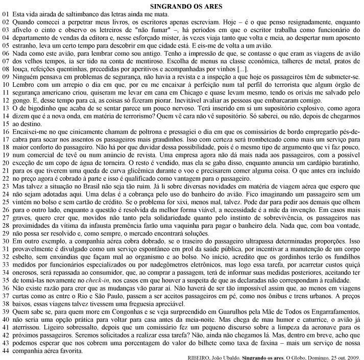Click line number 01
coord(6,14)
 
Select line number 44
coord(6,351)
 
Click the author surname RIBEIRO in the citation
coord(201,357)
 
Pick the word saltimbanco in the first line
coord(79,14)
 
